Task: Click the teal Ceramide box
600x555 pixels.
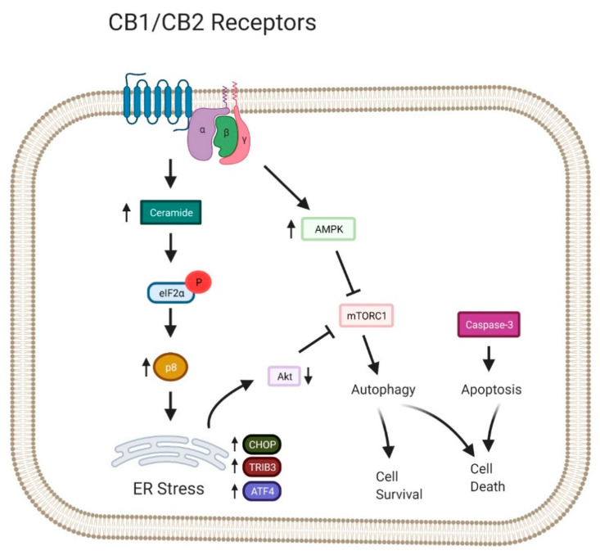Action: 170,214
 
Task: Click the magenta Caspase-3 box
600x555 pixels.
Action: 489,326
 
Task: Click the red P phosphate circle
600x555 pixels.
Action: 200,281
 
